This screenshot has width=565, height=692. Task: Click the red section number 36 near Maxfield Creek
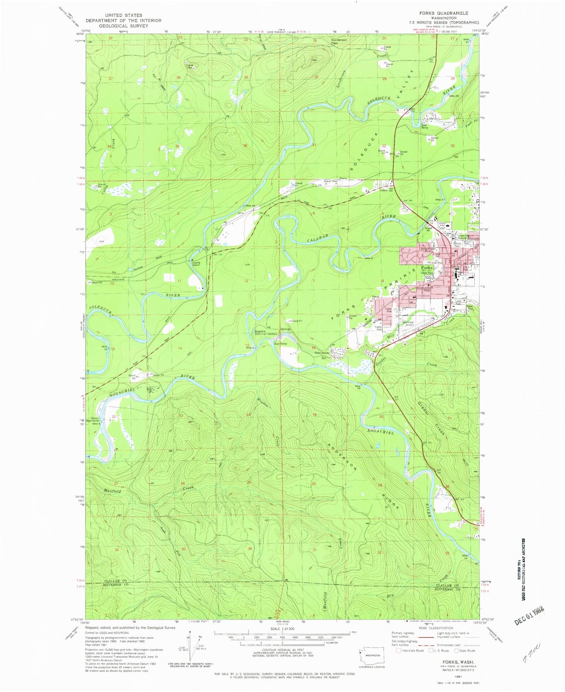pos(250,549)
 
